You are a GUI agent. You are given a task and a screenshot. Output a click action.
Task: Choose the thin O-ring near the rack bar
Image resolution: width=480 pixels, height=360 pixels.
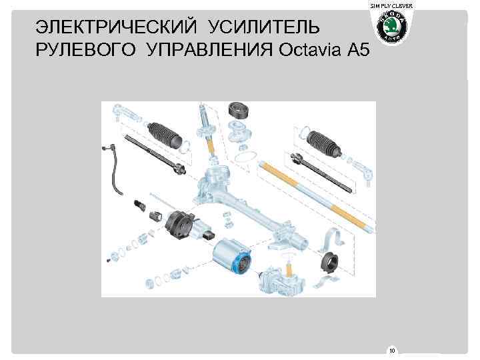(244, 156)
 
